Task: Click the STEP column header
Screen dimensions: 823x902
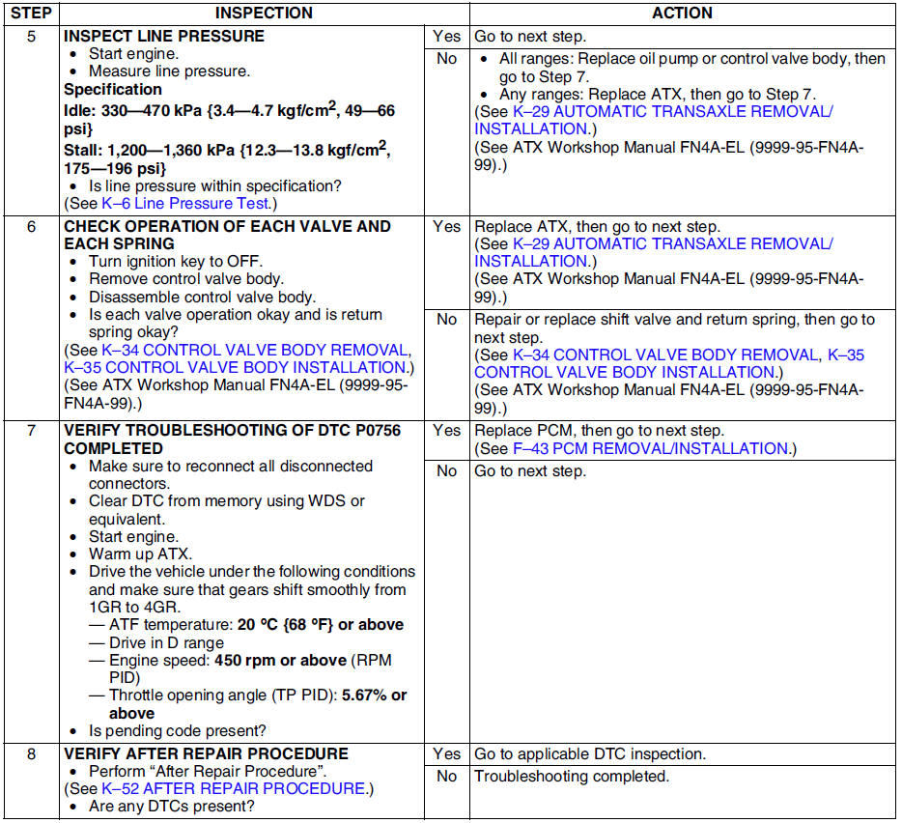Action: [x=31, y=14]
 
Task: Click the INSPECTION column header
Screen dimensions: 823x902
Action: [x=264, y=14]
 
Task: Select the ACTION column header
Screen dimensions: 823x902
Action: [x=682, y=14]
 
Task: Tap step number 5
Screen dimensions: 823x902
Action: [x=31, y=36]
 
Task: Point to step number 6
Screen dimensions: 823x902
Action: [x=31, y=226]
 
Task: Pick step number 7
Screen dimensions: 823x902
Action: [x=31, y=430]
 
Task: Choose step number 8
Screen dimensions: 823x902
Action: [x=31, y=753]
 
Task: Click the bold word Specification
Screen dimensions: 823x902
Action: [x=113, y=89]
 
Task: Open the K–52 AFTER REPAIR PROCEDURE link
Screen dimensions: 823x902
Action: [x=234, y=788]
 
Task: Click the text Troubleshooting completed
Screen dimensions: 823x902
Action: [x=571, y=777]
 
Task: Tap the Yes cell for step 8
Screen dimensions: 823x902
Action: [x=446, y=753]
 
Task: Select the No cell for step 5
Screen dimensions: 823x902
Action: [x=446, y=59]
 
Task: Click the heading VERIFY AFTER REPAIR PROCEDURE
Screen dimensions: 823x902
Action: [x=206, y=753]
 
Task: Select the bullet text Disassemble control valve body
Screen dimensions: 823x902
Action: [x=202, y=297]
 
